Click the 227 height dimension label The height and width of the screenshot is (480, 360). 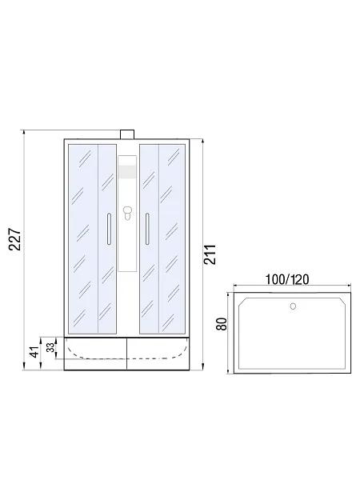15,239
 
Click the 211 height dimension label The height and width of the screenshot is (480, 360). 210,254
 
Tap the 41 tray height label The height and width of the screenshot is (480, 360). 35,352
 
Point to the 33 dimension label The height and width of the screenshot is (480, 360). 51,347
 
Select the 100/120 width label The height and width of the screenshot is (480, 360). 287,279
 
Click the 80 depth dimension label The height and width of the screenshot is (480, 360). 222,324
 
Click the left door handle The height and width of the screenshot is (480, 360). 109,229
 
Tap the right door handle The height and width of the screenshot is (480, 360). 147,229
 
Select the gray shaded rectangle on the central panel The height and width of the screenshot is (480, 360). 127,172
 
